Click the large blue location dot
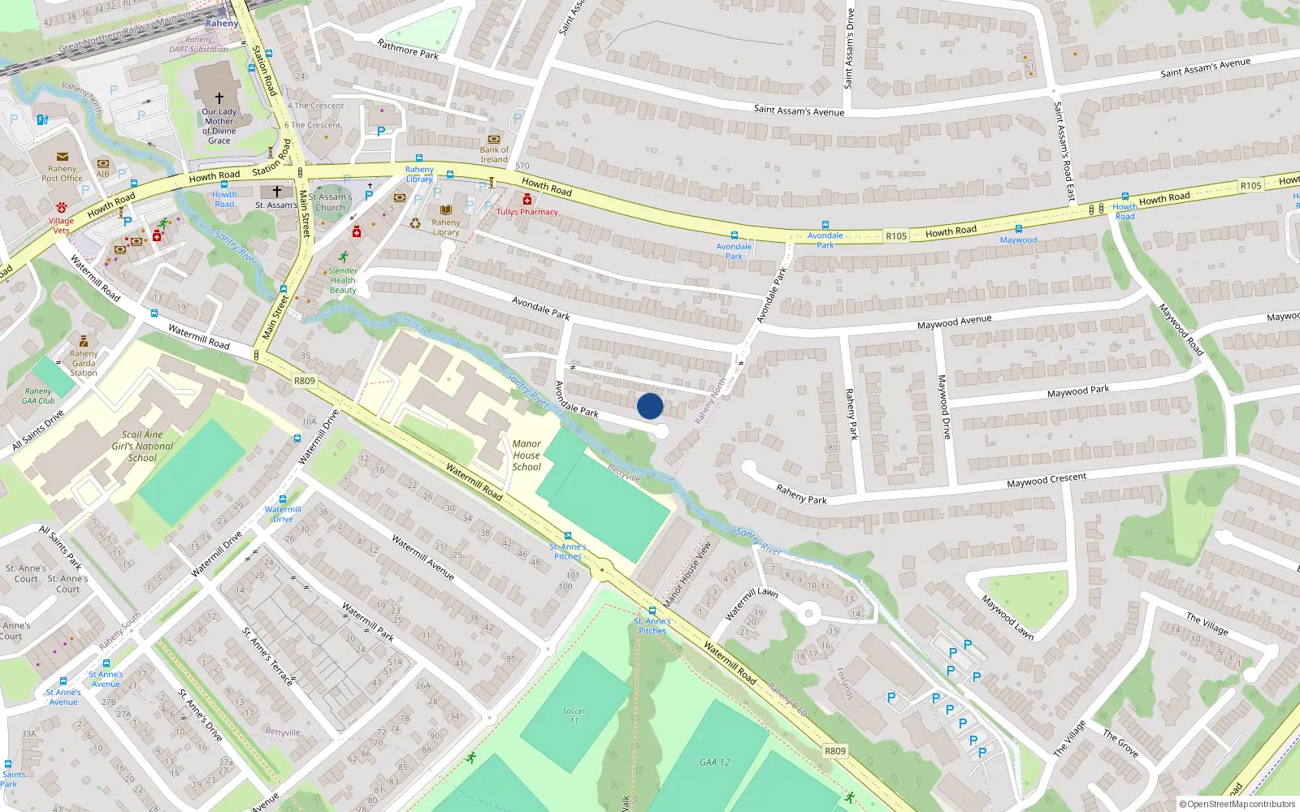pyautogui.click(x=650, y=406)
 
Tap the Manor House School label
pyautogui.click(x=526, y=456)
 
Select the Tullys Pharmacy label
pyautogui.click(x=527, y=212)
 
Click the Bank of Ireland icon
pyautogui.click(x=494, y=139)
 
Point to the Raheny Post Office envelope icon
pyautogui.click(x=63, y=157)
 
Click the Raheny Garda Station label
pyautogui.click(x=84, y=363)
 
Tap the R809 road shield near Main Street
pyautogui.click(x=304, y=381)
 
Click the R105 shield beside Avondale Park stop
pyautogui.click(x=896, y=236)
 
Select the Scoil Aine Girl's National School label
pyautogui.click(x=142, y=446)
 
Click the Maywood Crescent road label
pyautogui.click(x=1046, y=481)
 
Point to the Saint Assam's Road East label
pyautogui.click(x=1064, y=151)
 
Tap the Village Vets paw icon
pyautogui.click(x=62, y=209)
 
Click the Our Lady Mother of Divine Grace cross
pyautogui.click(x=219, y=97)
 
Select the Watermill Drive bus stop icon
pyautogui.click(x=283, y=499)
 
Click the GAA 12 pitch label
pyautogui.click(x=715, y=762)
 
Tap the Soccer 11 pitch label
pyautogui.click(x=574, y=715)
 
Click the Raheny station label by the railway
pyautogui.click(x=222, y=24)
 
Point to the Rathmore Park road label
pyautogui.click(x=408, y=50)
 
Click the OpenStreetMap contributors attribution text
pyautogui.click(x=1238, y=804)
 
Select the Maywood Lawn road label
pyautogui.click(x=1007, y=617)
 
